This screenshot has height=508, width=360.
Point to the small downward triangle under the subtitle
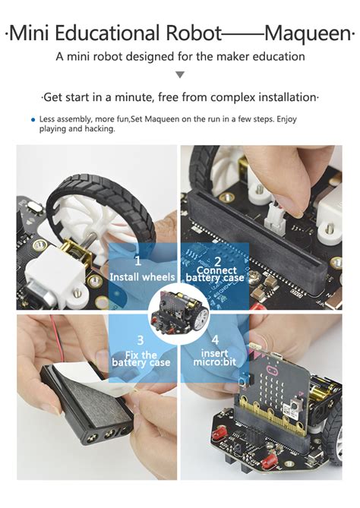(x=180, y=74)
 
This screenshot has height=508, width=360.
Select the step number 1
(x=138, y=260)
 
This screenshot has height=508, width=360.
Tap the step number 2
(x=216, y=260)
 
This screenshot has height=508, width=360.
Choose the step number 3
(x=140, y=339)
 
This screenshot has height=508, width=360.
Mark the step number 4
(x=216, y=339)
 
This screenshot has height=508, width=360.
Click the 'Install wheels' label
(x=142, y=276)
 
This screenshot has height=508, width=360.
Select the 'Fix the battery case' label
(x=140, y=358)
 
